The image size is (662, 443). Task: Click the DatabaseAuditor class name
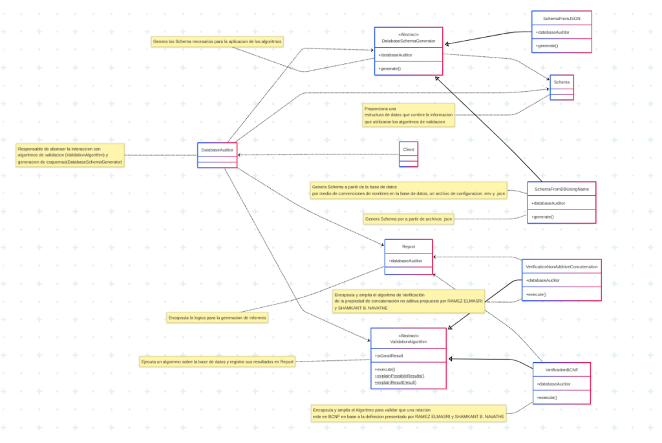click(x=217, y=149)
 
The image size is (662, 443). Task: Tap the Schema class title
click(x=562, y=82)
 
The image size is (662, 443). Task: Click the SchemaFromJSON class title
click(x=561, y=19)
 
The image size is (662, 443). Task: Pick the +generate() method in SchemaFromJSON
click(x=547, y=46)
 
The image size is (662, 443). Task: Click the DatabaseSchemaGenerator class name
click(x=409, y=41)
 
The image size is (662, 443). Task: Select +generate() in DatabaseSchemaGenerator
click(x=390, y=69)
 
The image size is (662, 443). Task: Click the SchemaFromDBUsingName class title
click(x=561, y=189)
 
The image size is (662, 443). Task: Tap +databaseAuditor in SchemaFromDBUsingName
click(x=549, y=203)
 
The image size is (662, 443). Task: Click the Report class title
click(x=409, y=246)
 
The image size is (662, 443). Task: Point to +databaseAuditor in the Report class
click(x=405, y=261)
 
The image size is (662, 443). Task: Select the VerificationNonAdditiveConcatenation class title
click(x=561, y=266)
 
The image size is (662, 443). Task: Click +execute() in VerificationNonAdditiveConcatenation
click(x=536, y=294)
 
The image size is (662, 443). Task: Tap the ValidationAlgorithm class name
click(x=409, y=341)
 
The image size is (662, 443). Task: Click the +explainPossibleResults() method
click(x=400, y=376)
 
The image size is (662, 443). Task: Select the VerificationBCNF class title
click(x=561, y=369)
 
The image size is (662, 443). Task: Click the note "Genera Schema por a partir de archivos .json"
click(x=409, y=219)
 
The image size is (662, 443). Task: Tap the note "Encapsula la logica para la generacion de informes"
click(x=217, y=318)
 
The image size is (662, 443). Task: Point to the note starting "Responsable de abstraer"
click(x=70, y=155)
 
